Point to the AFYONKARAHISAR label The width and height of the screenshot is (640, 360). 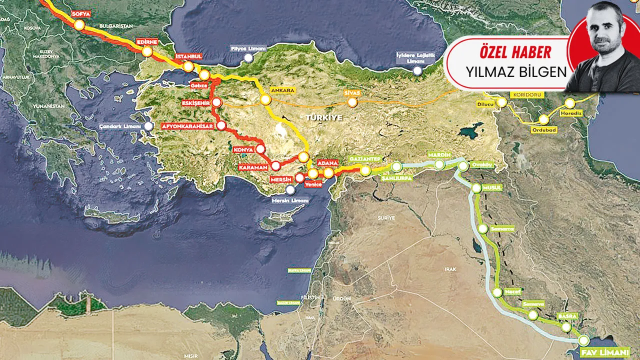tap(187, 126)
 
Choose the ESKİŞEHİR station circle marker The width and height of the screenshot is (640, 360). tap(216, 102)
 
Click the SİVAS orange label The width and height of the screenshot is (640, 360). tap(353, 93)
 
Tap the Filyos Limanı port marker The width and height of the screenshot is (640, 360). tap(248, 58)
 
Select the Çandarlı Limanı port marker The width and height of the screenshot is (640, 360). tap(149, 126)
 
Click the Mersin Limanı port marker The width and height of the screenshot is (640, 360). tap(290, 189)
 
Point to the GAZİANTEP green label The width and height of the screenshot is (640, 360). tap(366, 158)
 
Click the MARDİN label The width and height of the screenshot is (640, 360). tap(439, 155)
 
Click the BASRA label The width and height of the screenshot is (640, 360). tap(568, 316)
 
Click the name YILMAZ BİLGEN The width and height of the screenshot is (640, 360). tap(516, 71)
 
